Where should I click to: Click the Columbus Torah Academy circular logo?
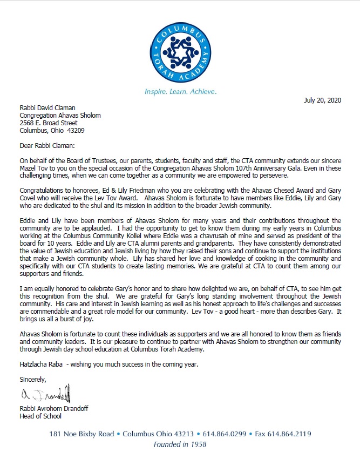[x=180, y=48]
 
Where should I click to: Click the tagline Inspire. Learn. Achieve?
[x=180, y=92]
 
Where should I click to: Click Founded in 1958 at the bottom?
[x=180, y=445]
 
